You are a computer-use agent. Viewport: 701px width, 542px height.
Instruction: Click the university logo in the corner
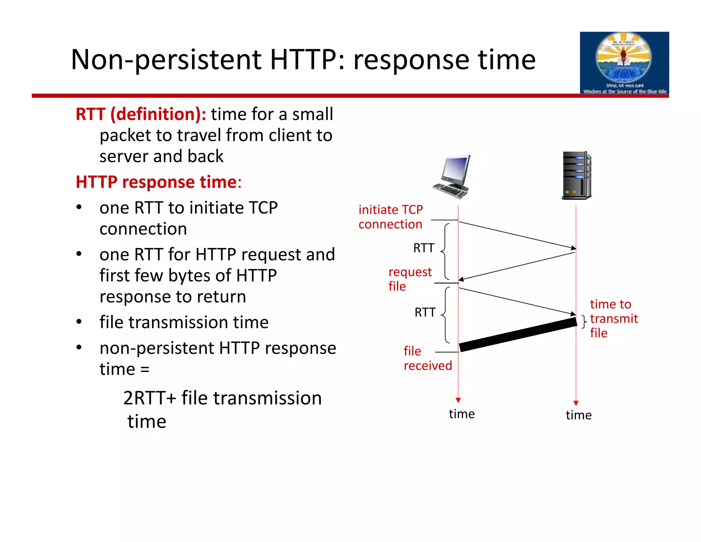pos(624,63)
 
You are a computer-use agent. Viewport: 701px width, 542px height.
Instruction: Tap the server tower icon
pos(577,175)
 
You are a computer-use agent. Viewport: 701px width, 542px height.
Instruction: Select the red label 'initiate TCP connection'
pos(391,217)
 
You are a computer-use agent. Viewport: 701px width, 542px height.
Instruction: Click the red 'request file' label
pos(410,279)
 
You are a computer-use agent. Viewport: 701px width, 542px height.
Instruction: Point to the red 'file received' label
pos(427,358)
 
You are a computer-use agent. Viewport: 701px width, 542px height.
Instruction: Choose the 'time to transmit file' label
pos(613,319)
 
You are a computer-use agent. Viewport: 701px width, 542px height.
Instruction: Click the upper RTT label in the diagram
pos(424,248)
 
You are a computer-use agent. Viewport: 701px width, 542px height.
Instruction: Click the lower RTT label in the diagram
pos(425,312)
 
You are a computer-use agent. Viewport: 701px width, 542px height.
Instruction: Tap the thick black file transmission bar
pos(518,334)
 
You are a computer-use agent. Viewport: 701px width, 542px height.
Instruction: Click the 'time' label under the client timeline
pos(462,414)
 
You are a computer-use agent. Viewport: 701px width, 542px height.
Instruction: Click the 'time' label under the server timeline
pos(578,415)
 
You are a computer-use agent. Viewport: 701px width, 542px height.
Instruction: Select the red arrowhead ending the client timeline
pos(458,400)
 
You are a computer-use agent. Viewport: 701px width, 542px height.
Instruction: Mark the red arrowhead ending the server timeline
pos(576,403)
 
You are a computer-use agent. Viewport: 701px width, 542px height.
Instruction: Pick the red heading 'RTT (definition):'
pos(141,114)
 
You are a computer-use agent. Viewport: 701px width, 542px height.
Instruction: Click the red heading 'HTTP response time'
pos(156,182)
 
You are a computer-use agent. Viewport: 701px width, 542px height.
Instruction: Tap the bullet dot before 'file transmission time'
pos(79,322)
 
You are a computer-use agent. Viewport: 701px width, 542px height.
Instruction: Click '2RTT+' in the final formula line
pos(150,398)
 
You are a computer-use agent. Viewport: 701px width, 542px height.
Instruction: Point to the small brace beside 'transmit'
pos(584,321)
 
